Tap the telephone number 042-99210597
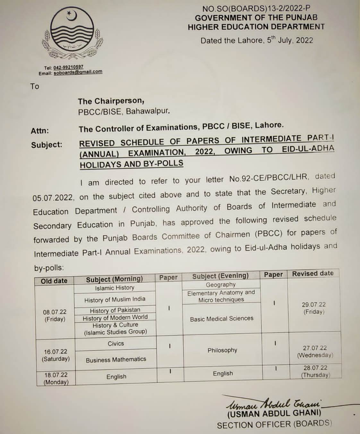(68, 67)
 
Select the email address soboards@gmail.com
(78, 72)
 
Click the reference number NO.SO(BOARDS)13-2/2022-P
(256, 9)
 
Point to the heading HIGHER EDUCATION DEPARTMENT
(256, 27)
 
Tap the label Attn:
(40, 131)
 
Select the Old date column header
(54, 281)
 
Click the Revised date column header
(313, 273)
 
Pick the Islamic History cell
(115, 288)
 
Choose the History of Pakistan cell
(115, 310)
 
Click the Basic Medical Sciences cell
(222, 319)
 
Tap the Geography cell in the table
(221, 284)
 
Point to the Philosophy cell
(222, 350)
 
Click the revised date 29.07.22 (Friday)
(313, 308)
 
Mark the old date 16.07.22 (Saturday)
(56, 355)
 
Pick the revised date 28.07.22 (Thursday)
(315, 371)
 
